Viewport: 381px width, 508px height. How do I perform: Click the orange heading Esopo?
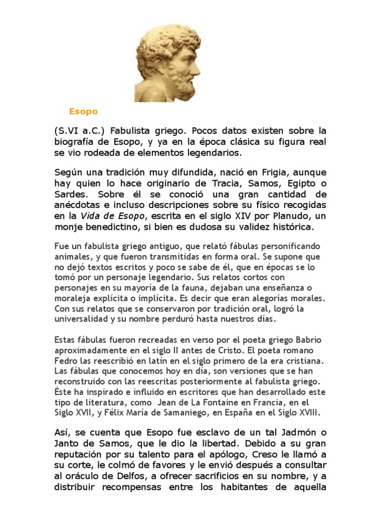click(x=83, y=112)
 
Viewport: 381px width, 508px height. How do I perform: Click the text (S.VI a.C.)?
click(x=79, y=131)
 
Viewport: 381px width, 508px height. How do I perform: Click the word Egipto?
click(x=301, y=183)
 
